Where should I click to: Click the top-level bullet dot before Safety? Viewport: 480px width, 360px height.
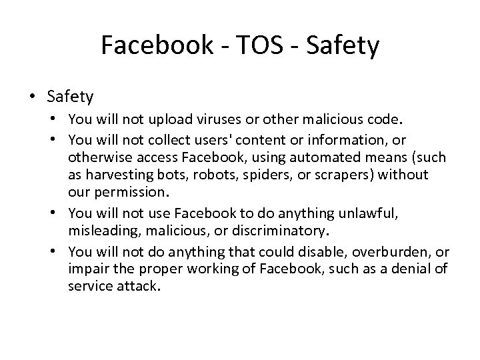coord(33,97)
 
